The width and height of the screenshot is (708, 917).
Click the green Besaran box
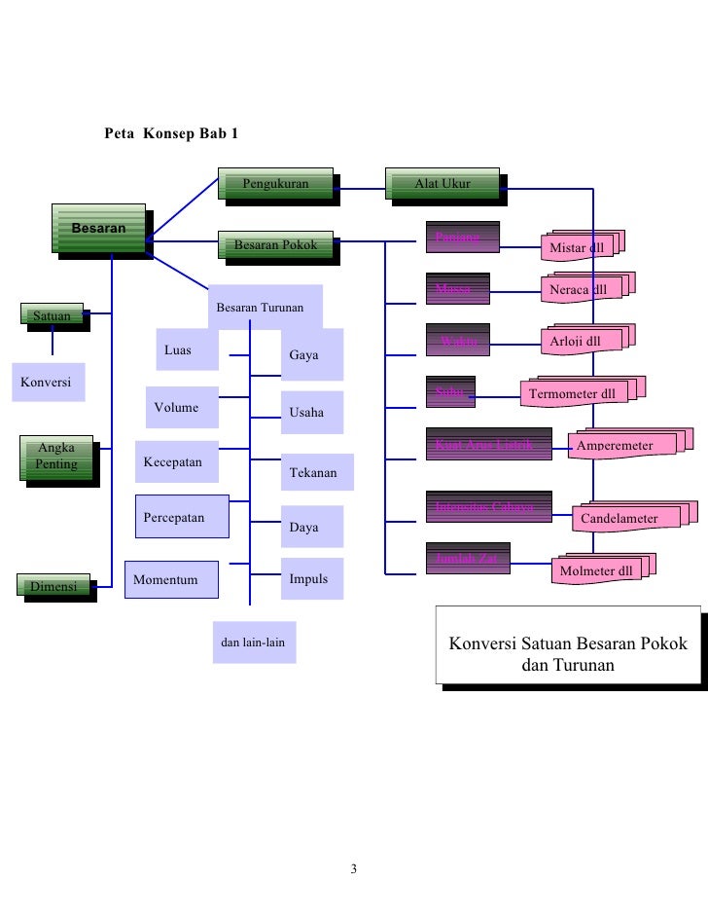(98, 229)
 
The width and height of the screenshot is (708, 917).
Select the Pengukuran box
(276, 184)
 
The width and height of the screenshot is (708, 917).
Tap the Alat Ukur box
(442, 184)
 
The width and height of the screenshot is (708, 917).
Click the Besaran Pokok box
(275, 245)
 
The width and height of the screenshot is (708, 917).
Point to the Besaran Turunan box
(260, 308)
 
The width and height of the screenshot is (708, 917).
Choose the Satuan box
(52, 316)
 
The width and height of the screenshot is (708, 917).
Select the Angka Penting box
(54, 457)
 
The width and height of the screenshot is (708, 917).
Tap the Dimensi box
(54, 586)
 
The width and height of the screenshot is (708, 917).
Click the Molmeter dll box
(596, 570)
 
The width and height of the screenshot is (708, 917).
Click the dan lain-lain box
(253, 642)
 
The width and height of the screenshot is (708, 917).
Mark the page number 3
(354, 868)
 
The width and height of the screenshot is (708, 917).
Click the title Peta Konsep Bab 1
(171, 132)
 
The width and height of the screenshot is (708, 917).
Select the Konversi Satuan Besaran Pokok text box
(567, 655)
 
